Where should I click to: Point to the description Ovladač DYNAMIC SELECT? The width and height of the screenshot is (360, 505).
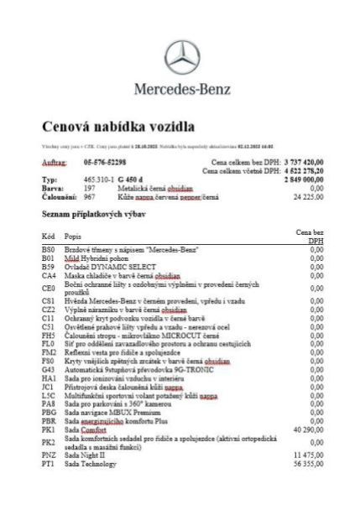click(x=104, y=267)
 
